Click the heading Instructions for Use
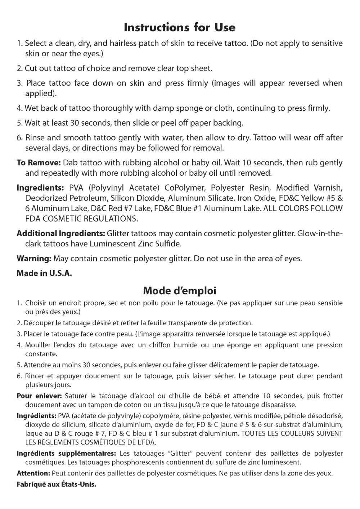180,27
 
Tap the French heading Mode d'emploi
180,290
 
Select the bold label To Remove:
40,162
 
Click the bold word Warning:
34,258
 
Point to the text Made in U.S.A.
44,273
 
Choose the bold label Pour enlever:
40,396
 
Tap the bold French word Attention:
33,473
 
